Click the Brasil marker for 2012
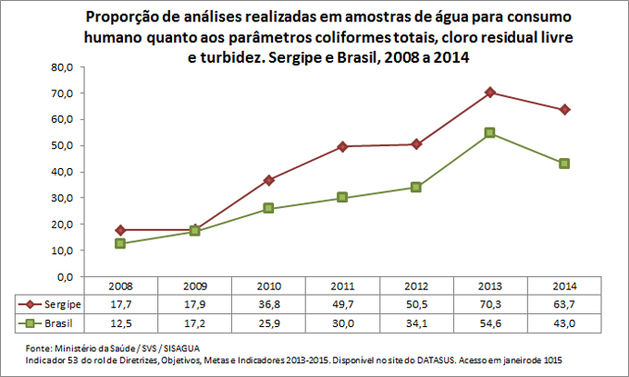[416, 187]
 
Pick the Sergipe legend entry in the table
[51, 304]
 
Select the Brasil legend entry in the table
[51, 322]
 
